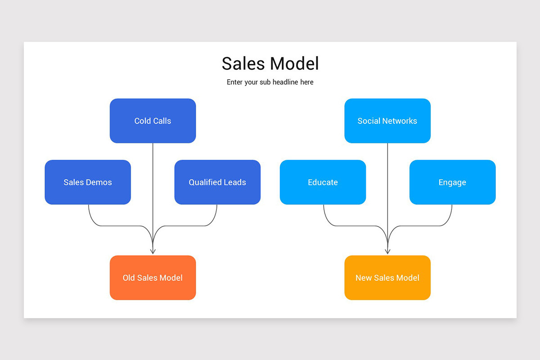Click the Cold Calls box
coord(153,121)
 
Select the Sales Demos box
coord(88,182)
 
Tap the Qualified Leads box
coord(217,182)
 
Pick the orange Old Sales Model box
coord(153,278)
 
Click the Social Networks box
coord(387,121)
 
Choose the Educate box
coord(323,182)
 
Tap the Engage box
coord(452,182)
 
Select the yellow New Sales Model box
coord(387,278)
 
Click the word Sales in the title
coord(243,63)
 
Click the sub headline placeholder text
coord(270,82)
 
